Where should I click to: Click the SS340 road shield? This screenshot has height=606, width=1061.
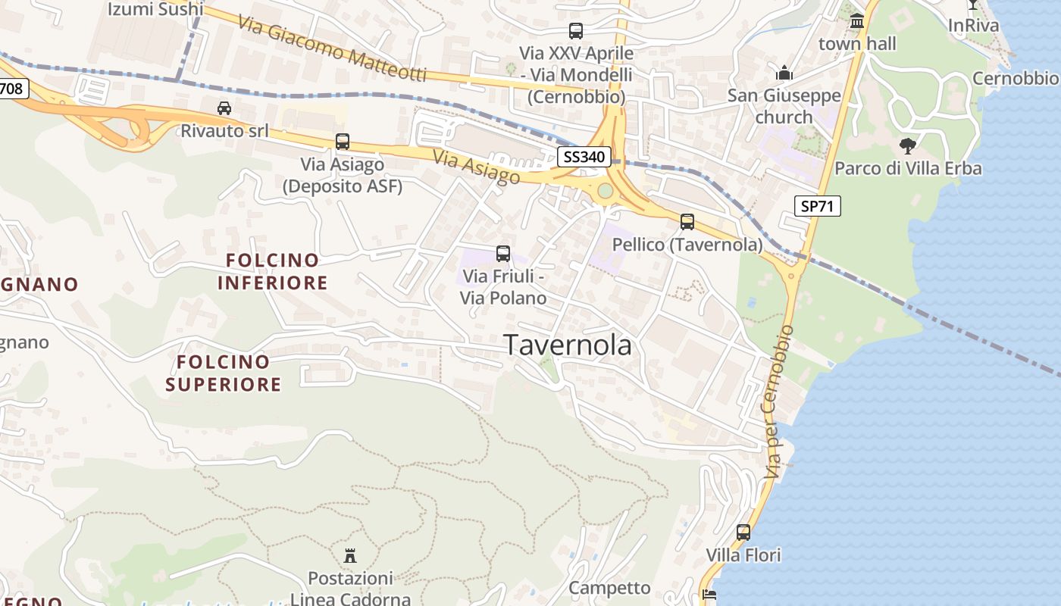click(584, 157)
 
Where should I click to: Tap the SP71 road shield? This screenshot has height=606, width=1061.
click(818, 205)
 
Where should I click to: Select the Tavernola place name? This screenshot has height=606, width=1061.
click(568, 345)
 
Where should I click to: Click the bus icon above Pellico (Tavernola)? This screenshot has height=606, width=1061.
click(687, 222)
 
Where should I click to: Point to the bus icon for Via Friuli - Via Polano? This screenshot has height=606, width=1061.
click(503, 254)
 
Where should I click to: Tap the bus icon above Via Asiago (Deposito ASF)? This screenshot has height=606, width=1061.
click(343, 142)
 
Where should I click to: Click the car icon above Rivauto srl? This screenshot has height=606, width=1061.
click(224, 108)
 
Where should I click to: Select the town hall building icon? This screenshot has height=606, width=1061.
click(857, 21)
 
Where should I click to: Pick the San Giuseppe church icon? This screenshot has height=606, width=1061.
click(784, 73)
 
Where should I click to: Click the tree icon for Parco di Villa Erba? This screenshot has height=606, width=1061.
click(907, 145)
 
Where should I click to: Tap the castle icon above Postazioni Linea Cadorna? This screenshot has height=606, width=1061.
click(350, 556)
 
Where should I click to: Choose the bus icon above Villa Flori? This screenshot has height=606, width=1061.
click(743, 533)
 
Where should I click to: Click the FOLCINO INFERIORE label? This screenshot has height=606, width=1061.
click(273, 272)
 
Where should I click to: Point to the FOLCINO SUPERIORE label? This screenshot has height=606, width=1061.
click(224, 373)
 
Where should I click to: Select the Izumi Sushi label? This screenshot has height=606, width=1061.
click(155, 9)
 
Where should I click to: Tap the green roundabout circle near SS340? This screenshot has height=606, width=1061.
click(605, 190)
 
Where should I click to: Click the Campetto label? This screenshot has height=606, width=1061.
click(609, 588)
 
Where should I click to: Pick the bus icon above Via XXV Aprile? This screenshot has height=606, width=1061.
click(576, 31)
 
